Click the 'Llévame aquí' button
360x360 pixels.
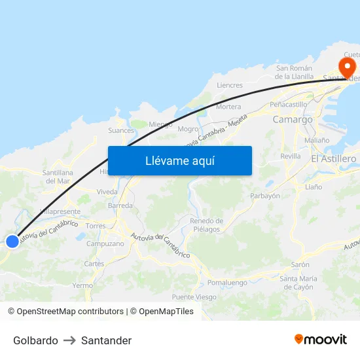pyautogui.click(x=180, y=161)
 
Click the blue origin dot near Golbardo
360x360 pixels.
pyautogui.click(x=12, y=242)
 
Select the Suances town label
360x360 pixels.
pyautogui.click(x=121, y=130)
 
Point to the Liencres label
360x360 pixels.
pyautogui.click(x=230, y=85)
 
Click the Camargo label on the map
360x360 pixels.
pyautogui.click(x=293, y=120)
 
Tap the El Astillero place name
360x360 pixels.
pyautogui.click(x=333, y=159)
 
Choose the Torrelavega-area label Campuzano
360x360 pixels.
pyautogui.click(x=105, y=243)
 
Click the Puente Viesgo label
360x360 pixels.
pyautogui.click(x=194, y=297)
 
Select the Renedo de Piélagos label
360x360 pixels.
pyautogui.click(x=206, y=225)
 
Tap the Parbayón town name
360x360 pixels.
pyautogui.click(x=265, y=196)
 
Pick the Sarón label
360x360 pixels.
pyautogui.click(x=300, y=264)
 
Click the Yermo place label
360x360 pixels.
pyautogui.click(x=82, y=285)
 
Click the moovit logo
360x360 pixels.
pyautogui.click(x=321, y=340)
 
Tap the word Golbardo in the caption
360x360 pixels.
pyautogui.click(x=35, y=340)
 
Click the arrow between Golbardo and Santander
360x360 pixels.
pyautogui.click(x=69, y=340)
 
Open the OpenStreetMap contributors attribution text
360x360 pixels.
pyautogui.click(x=70, y=312)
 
